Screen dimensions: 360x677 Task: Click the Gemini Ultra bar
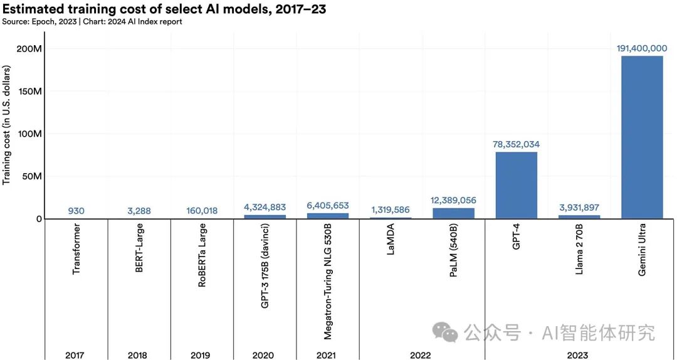641,137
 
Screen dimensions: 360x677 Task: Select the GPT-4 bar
517,185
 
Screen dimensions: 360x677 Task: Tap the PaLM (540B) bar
453,213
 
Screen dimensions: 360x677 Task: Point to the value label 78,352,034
517,144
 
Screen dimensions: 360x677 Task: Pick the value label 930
76,211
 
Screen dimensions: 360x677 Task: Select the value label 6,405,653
328,206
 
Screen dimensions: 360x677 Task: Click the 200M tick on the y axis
29,49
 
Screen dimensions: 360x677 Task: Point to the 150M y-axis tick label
29,92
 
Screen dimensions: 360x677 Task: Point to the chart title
164,9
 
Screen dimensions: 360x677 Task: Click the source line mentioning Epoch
92,22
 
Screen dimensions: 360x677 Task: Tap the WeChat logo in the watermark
447,332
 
